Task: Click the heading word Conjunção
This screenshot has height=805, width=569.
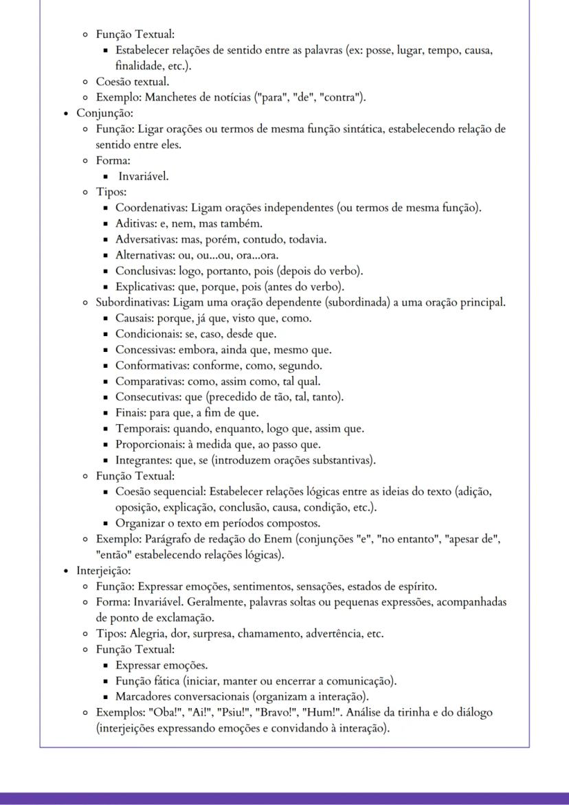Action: [104, 113]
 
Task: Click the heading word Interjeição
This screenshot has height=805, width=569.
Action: [104, 571]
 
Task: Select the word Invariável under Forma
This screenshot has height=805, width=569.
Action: [143, 176]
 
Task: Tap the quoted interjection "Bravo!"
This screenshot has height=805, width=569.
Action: [274, 712]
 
